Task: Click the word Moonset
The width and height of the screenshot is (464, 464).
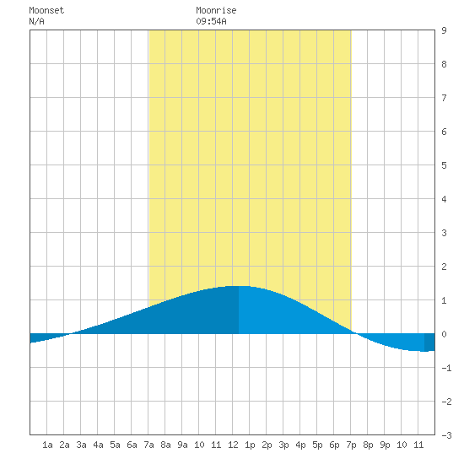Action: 46,10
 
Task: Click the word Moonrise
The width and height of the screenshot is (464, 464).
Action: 216,10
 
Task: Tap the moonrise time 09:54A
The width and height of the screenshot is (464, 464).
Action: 211,21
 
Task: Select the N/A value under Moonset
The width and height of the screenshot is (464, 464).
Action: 36,21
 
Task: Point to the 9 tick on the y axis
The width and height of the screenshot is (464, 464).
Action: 444,30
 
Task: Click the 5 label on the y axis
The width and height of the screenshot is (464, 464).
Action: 444,165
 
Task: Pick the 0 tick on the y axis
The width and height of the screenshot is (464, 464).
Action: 444,334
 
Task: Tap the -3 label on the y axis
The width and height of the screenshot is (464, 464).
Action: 446,435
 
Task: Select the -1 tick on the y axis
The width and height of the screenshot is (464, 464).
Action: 446,368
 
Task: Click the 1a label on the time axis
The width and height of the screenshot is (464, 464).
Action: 47,445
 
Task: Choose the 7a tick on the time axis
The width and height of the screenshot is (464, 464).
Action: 148,445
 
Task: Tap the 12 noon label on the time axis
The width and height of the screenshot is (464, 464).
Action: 233,445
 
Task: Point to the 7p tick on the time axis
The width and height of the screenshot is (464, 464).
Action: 351,445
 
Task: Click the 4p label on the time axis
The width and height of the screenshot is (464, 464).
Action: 300,445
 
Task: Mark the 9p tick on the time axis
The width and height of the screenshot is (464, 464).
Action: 385,445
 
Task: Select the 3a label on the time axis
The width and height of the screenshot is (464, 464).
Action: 81,445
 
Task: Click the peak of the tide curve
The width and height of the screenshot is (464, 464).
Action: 239,286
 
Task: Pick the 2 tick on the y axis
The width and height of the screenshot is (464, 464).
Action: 444,267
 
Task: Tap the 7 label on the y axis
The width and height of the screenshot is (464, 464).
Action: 444,98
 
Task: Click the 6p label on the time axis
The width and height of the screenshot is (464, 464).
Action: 334,445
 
